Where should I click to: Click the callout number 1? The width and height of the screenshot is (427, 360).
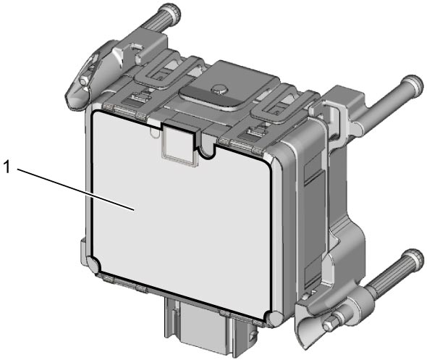click(6, 167)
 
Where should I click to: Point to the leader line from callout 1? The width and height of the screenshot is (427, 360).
click(76, 190)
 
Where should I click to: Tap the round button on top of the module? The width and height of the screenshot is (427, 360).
click(219, 88)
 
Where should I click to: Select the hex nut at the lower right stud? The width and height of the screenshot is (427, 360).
click(330, 324)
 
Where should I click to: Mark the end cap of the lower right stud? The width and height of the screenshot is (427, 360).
click(415, 260)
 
